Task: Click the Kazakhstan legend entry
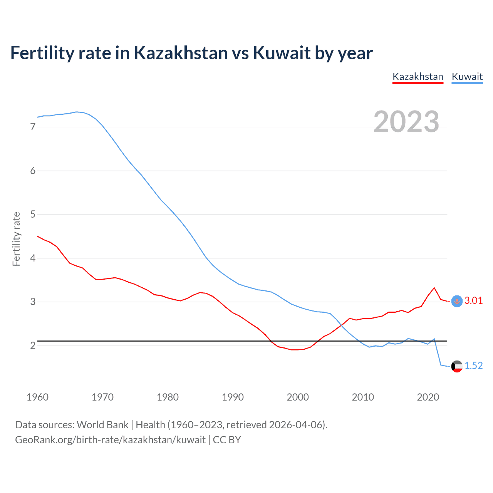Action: coord(418,77)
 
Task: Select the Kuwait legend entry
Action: coord(467,77)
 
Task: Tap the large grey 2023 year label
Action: coord(406,122)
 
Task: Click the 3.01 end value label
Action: coord(473,301)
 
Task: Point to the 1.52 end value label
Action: coord(473,366)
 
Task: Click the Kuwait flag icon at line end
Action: coord(457,366)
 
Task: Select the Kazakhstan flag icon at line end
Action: coord(457,301)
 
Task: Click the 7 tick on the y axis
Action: coord(33,127)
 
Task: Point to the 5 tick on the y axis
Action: coord(33,215)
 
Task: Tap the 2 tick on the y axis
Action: coord(33,345)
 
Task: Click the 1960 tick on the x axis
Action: coord(37,397)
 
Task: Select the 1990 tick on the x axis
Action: coord(233,397)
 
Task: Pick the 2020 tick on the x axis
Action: coord(428,397)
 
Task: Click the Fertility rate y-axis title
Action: coord(16,239)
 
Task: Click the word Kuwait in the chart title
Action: coord(281,53)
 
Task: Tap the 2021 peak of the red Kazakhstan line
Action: coord(434,288)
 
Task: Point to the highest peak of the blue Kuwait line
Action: coord(76,112)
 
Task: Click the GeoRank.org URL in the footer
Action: coord(110,440)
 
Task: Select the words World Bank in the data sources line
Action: coord(102,425)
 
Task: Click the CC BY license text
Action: coord(227,440)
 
